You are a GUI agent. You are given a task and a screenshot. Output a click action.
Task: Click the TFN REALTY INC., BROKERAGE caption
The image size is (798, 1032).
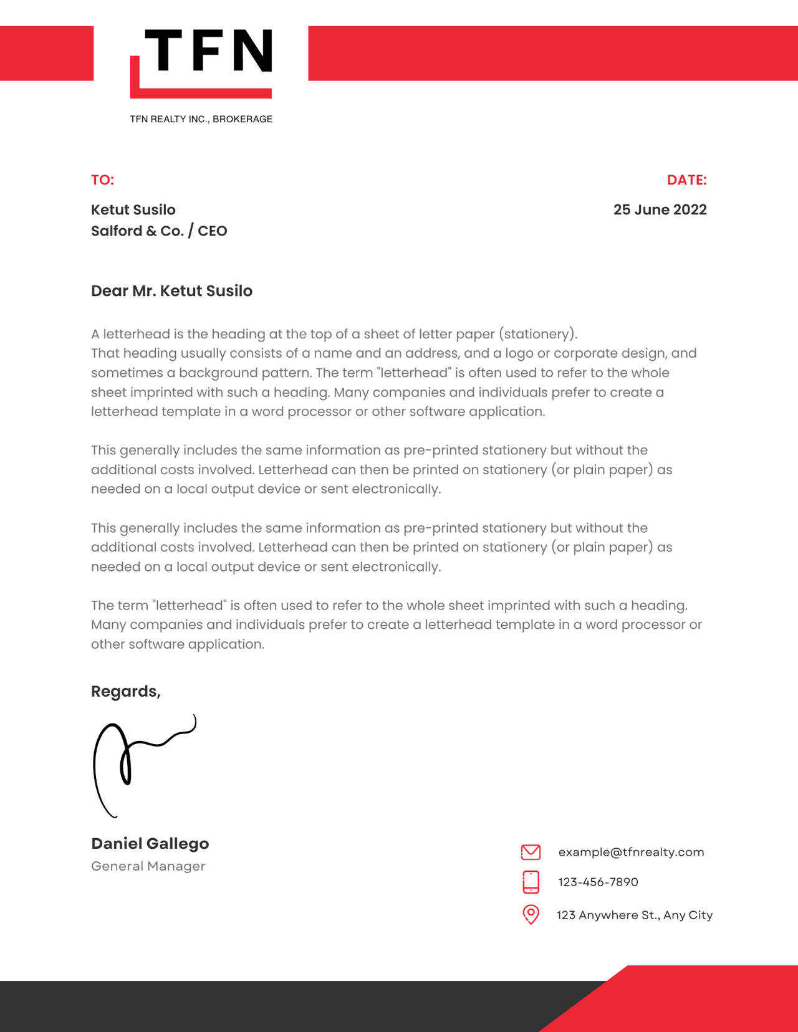point(201,119)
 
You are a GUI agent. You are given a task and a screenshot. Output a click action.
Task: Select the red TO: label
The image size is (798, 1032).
point(103,180)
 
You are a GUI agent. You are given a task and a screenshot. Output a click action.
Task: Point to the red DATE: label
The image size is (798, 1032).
point(686,180)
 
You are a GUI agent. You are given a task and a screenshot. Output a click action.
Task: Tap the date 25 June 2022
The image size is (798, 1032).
point(660,210)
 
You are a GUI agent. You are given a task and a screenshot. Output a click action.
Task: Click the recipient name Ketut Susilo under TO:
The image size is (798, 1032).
point(133,210)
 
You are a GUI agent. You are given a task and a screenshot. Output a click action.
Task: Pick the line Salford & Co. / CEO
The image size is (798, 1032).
point(159,231)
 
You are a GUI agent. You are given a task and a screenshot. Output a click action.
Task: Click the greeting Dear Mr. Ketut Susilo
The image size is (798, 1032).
point(171,291)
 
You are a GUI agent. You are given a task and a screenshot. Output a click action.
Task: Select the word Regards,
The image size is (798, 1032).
point(126,691)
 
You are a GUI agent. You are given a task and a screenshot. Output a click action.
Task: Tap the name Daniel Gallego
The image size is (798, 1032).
point(150,844)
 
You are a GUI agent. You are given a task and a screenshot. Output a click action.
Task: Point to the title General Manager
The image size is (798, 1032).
point(148,866)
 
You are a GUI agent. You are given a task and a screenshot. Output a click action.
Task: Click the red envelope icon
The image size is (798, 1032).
point(531,852)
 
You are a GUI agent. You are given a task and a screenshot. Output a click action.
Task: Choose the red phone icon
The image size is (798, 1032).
point(531,882)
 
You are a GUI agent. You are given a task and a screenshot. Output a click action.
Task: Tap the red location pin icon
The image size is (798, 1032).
point(531,914)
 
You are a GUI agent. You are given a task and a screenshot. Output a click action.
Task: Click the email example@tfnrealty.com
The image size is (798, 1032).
point(631,852)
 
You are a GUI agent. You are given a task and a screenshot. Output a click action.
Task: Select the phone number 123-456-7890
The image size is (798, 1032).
point(598,882)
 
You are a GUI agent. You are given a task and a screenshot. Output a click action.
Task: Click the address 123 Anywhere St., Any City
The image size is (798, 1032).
point(634,915)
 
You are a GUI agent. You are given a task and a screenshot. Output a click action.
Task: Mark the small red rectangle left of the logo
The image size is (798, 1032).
point(47,53)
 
